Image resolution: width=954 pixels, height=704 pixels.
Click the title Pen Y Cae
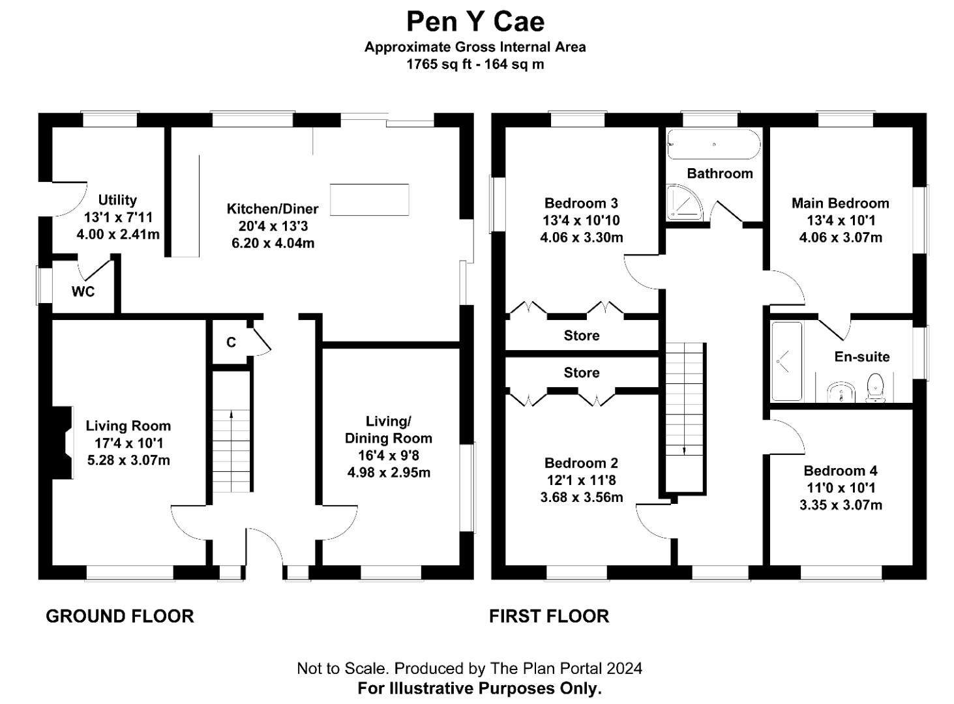pos(475,22)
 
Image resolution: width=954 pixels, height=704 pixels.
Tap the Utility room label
pos(117,200)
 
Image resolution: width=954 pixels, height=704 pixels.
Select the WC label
pos(83,291)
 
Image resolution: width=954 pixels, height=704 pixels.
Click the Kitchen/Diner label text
pos(273,209)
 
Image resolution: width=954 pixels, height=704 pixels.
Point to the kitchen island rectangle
pos(370,199)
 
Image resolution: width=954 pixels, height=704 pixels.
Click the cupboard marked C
pos(231,342)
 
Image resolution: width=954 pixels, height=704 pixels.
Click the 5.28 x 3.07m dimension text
pos(128,460)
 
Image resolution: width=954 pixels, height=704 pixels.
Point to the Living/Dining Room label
pos(388,430)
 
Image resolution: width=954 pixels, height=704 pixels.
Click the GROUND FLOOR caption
pos(120,616)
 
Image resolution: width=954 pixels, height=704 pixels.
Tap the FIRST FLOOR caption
pos(549,616)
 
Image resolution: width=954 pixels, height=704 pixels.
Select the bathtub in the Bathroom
pos(713,144)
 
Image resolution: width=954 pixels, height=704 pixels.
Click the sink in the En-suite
pos(841,392)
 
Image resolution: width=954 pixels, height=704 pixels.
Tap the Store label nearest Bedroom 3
pos(581,335)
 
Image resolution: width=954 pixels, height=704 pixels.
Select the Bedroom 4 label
pos(840,471)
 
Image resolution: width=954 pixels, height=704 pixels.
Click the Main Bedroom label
pos(840,203)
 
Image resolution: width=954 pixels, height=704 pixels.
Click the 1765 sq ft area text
pos(433,64)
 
